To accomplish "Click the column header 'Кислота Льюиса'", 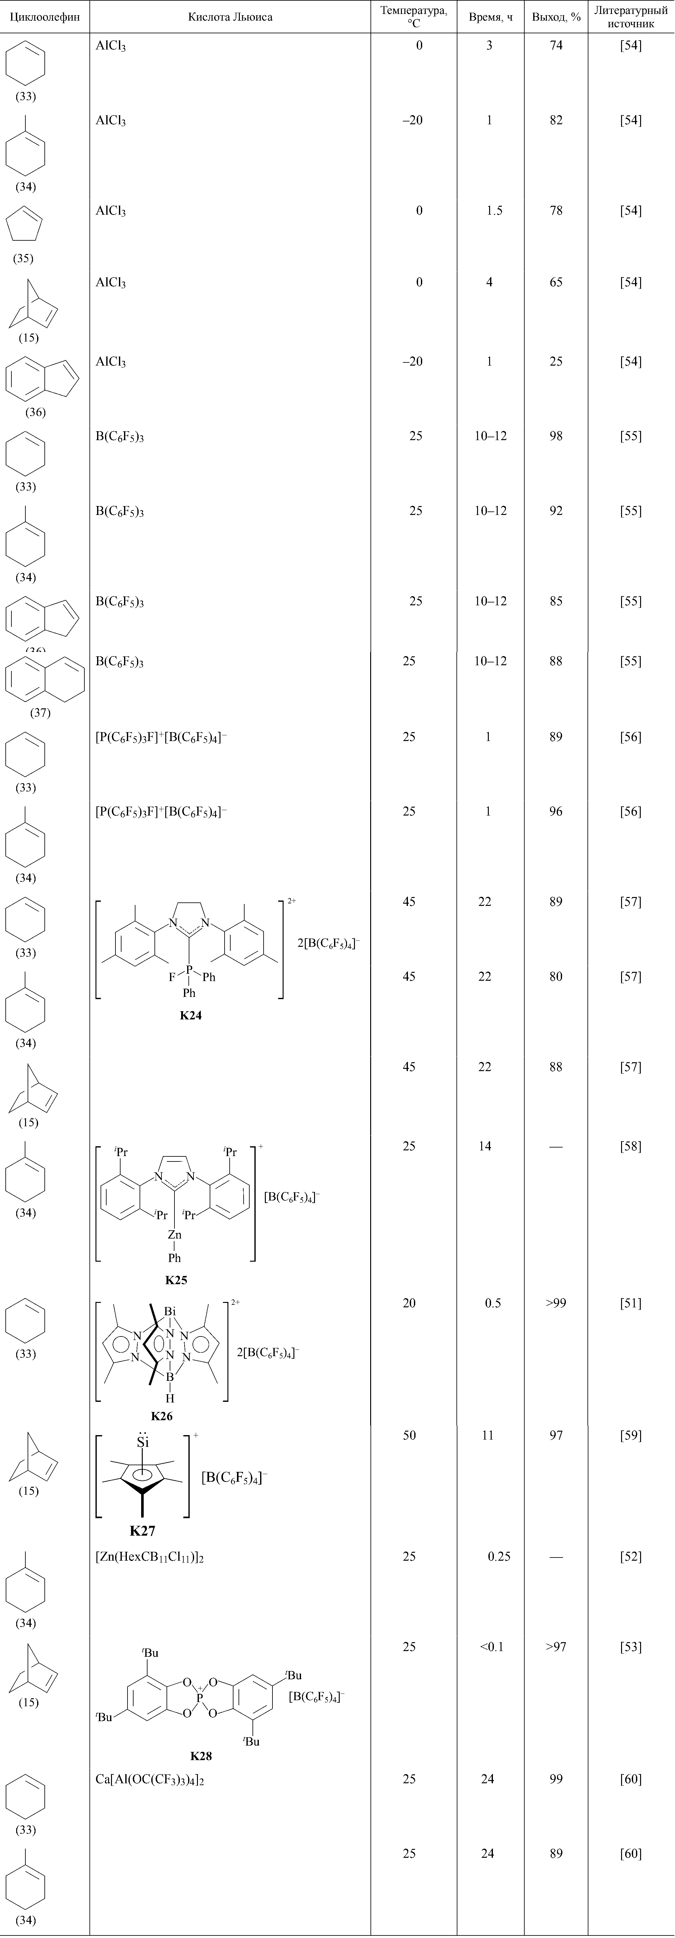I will pos(230,16).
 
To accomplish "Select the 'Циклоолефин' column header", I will pos(44,16).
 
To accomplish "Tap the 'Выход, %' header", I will pos(556,16).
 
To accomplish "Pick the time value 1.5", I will pos(494,211).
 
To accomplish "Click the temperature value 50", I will pos(409,1435).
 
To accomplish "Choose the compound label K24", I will pos(190,1015).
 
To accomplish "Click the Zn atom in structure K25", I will pos(174,1235).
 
